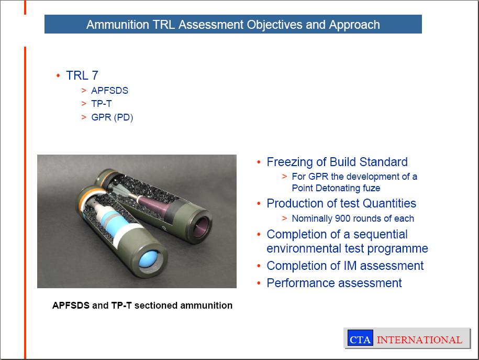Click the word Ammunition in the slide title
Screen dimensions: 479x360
(x=118, y=25)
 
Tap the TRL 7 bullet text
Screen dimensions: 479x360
(x=82, y=75)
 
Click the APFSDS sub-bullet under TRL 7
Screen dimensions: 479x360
(x=109, y=91)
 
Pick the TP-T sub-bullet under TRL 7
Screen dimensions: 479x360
(x=102, y=104)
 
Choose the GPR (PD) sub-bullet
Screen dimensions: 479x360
(x=112, y=117)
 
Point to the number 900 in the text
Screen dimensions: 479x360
(x=343, y=219)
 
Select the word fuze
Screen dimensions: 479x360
(x=372, y=188)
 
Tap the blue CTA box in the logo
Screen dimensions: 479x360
(x=360, y=338)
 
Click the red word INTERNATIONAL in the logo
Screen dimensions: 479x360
(x=419, y=340)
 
